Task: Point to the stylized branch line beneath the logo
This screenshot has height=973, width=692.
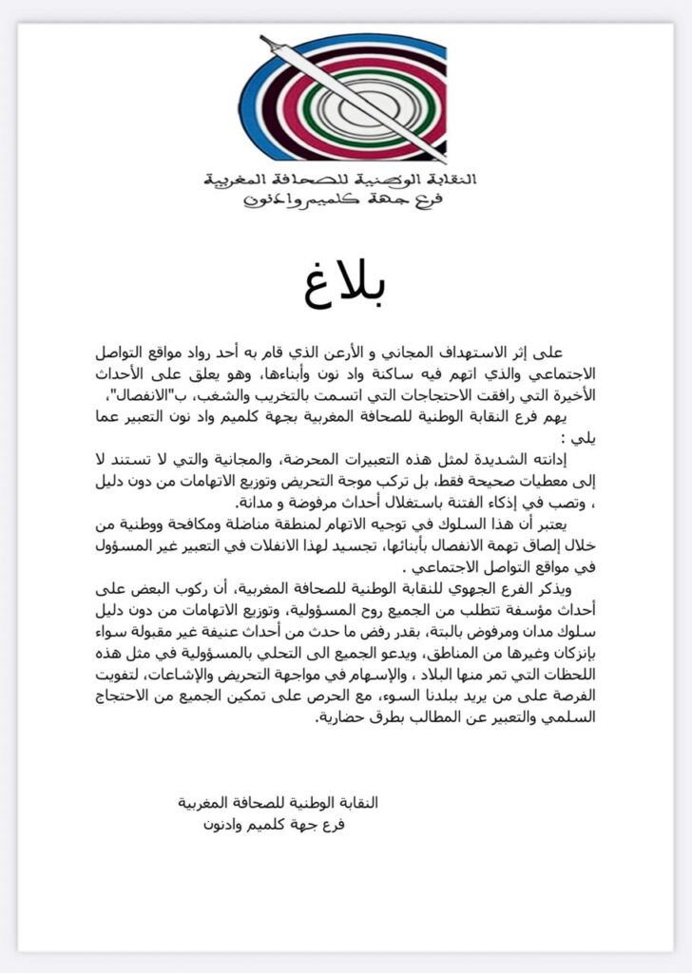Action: (x=344, y=200)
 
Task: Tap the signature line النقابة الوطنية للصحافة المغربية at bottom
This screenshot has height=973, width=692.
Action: (x=279, y=803)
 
